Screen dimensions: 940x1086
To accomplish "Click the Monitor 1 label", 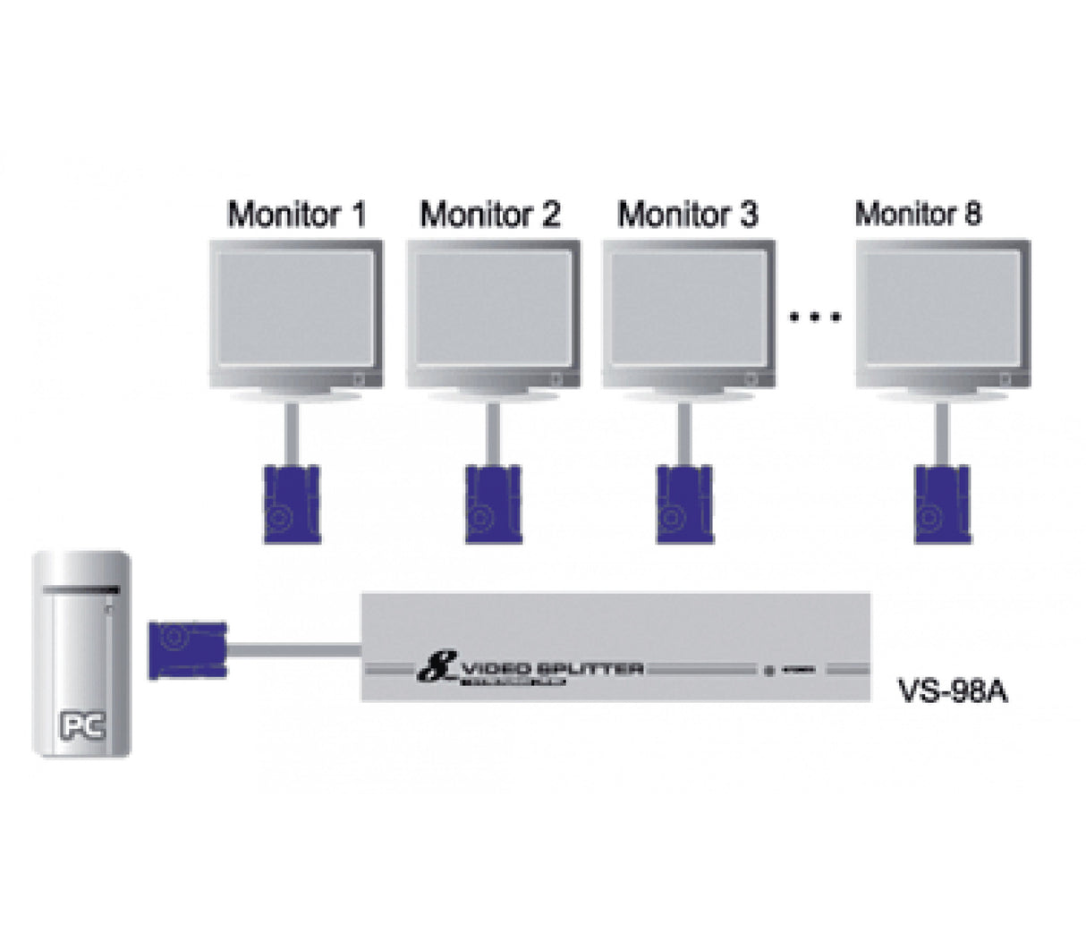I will (x=296, y=215).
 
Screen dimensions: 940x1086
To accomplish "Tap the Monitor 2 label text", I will (x=489, y=215).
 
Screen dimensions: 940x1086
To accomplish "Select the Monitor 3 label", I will (x=687, y=215).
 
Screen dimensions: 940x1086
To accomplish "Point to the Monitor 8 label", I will (x=918, y=214).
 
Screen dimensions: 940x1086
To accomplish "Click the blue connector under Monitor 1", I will (x=291, y=504).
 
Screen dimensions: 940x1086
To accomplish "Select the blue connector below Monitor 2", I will (x=493, y=504).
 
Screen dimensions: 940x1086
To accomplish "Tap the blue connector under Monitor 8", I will (x=942, y=504).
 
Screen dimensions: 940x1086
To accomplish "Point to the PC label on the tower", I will (x=82, y=725).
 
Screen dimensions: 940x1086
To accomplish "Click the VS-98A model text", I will (x=952, y=692).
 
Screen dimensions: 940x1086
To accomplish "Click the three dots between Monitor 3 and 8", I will (x=815, y=317).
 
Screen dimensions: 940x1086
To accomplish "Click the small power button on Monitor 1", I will (x=359, y=379).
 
